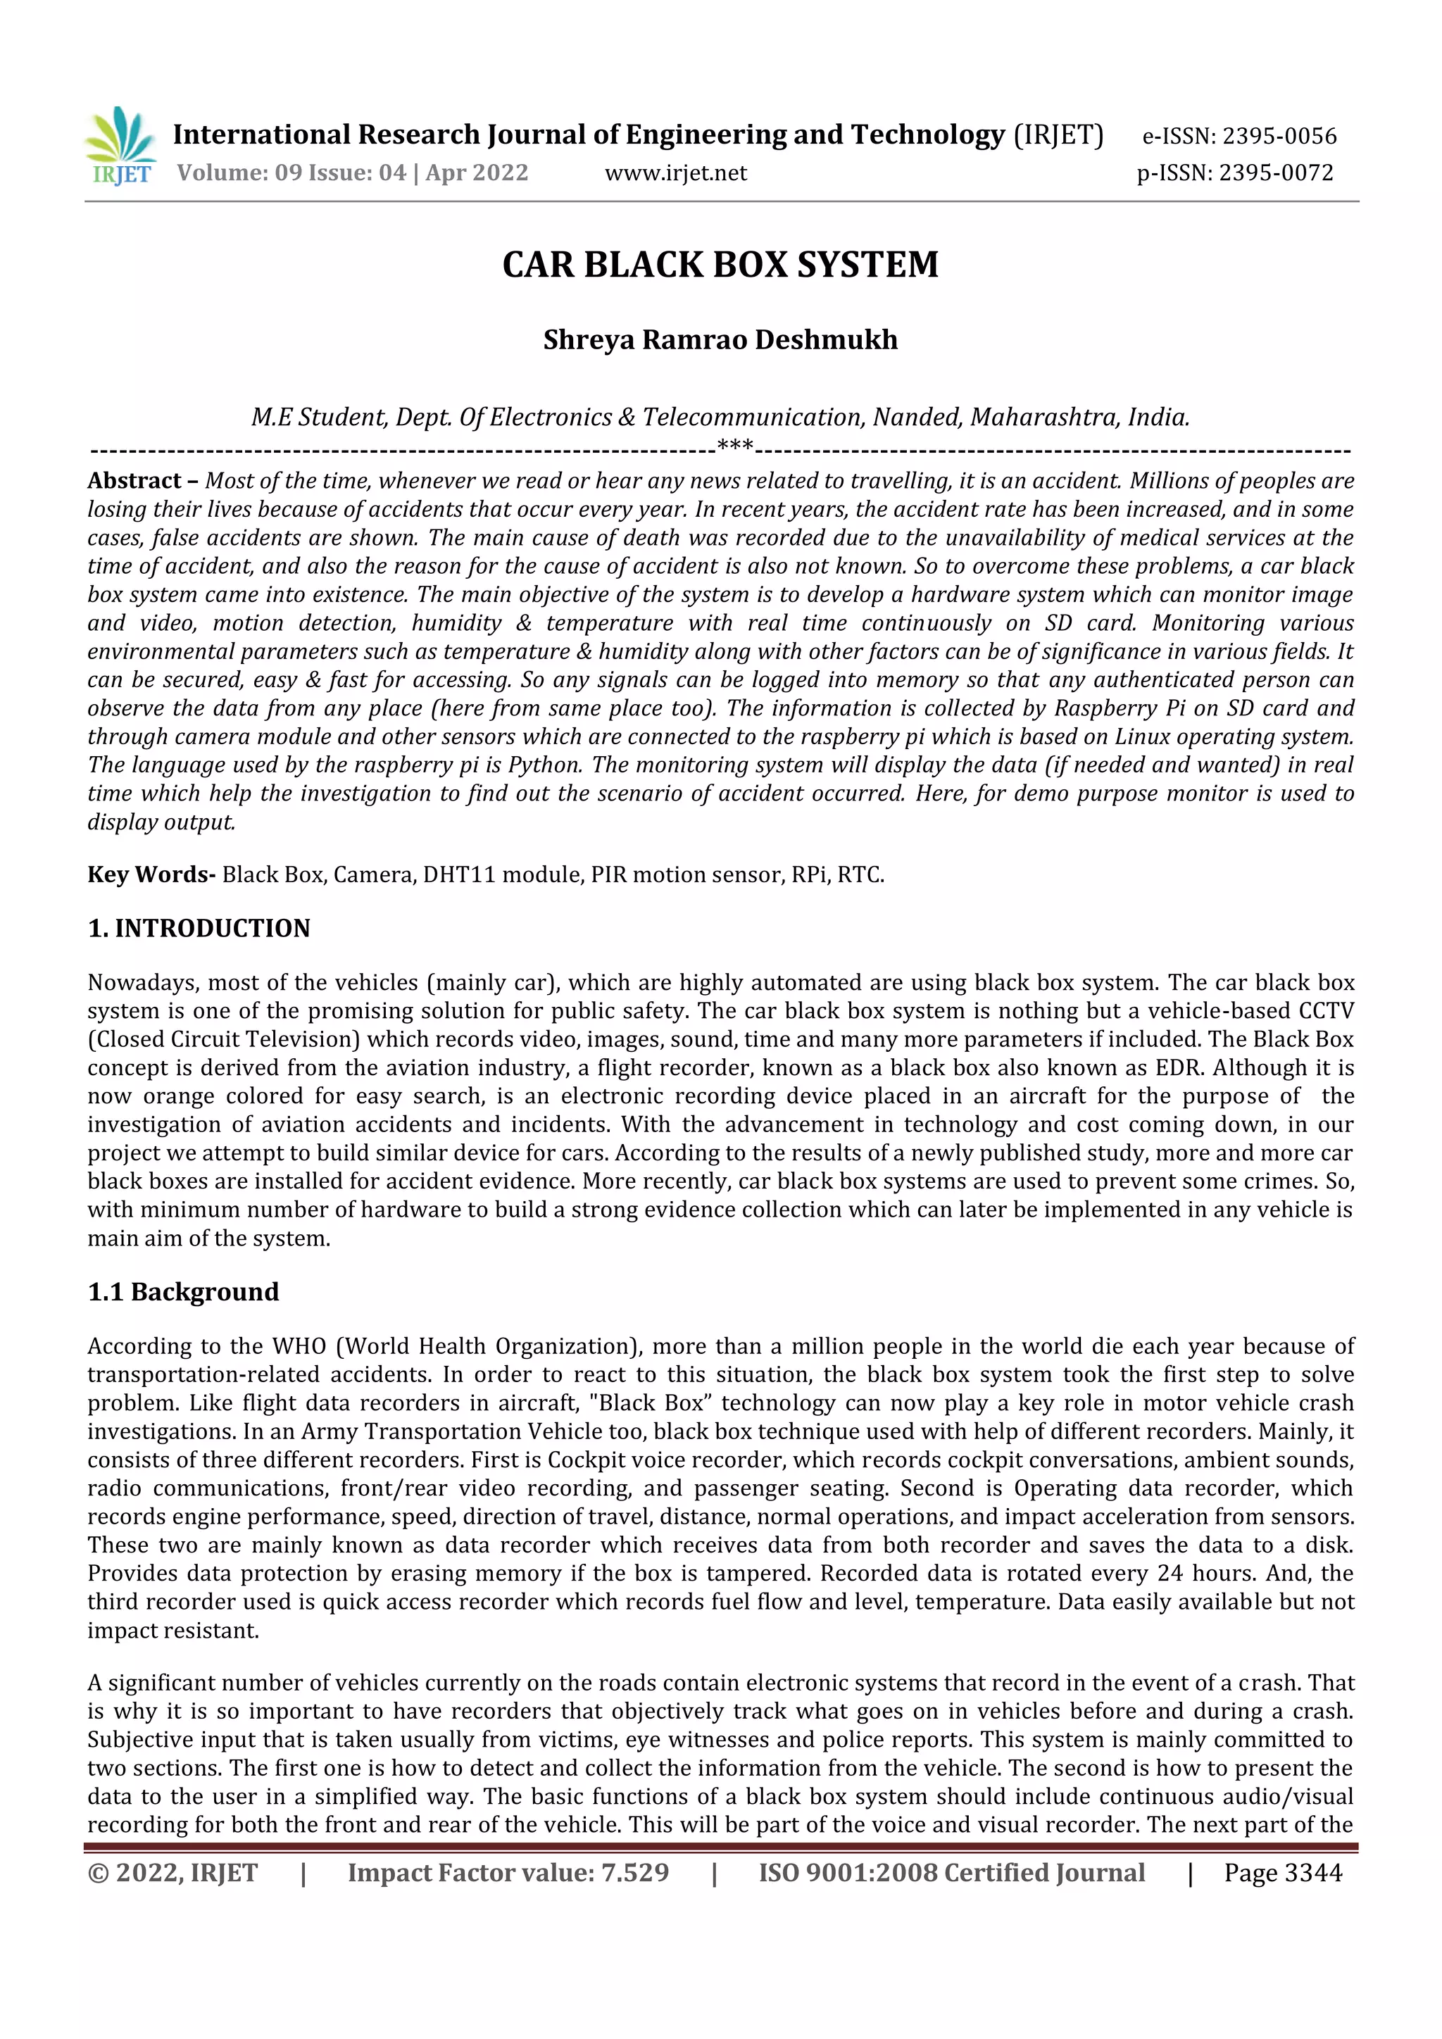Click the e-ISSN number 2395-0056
pyautogui.click(x=1279, y=136)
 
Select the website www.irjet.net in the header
pyautogui.click(x=676, y=173)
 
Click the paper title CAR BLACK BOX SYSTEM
pyautogui.click(x=720, y=265)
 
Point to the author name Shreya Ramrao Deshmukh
pyautogui.click(x=720, y=340)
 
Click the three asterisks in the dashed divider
pyautogui.click(x=734, y=446)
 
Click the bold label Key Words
pyautogui.click(x=150, y=874)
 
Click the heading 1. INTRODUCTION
pyautogui.click(x=199, y=928)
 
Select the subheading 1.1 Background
pyautogui.click(x=183, y=1291)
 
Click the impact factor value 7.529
pyautogui.click(x=635, y=1873)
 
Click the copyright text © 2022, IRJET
pyautogui.click(x=173, y=1873)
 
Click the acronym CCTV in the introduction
pyautogui.click(x=1326, y=1012)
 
